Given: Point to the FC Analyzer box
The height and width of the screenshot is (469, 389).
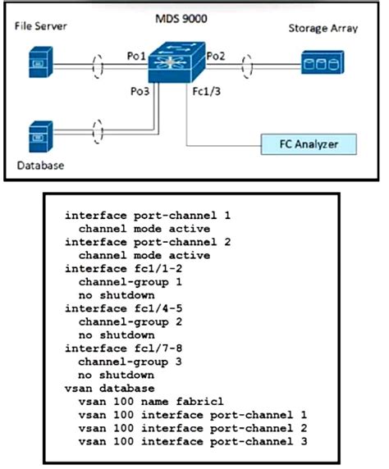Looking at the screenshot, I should [x=309, y=144].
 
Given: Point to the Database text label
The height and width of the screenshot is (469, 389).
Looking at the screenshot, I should [x=40, y=166].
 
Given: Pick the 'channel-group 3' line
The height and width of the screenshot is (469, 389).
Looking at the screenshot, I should [x=125, y=361].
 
